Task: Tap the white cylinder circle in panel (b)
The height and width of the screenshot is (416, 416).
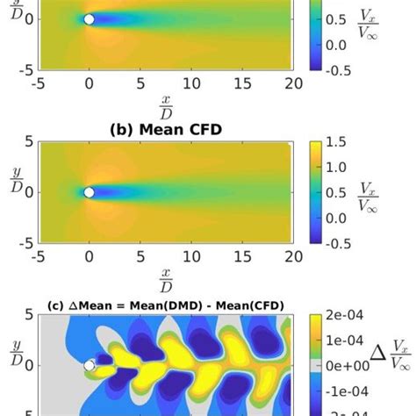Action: pyautogui.click(x=89, y=192)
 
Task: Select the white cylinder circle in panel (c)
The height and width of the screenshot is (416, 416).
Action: pyautogui.click(x=89, y=365)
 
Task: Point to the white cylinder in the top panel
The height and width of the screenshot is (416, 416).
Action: pyautogui.click(x=89, y=18)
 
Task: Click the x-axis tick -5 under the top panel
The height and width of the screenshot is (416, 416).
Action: pyautogui.click(x=37, y=83)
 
